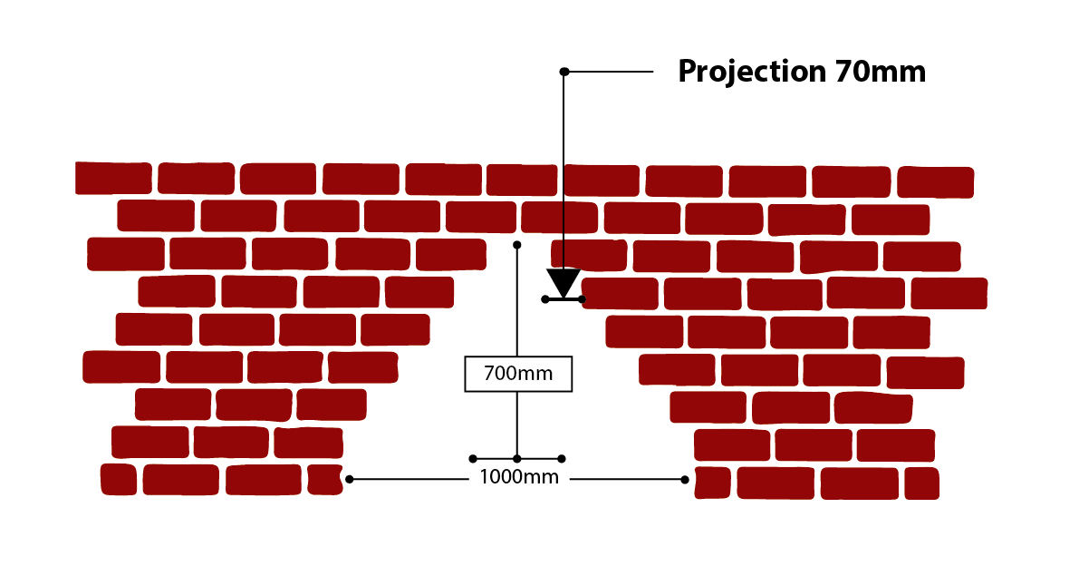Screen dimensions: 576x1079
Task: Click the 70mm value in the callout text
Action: [880, 72]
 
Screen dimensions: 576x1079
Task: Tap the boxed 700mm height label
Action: [518, 373]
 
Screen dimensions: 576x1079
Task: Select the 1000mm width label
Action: [519, 478]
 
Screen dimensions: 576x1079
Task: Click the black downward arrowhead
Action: [564, 282]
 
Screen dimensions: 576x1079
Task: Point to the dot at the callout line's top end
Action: [564, 71]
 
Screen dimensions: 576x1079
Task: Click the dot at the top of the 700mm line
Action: [517, 245]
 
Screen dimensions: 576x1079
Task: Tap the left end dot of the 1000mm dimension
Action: [349, 479]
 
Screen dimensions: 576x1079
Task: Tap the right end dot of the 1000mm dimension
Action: [685, 479]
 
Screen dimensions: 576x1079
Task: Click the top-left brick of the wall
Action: [113, 178]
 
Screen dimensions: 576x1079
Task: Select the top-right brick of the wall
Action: [935, 182]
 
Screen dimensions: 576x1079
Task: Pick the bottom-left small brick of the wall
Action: [118, 479]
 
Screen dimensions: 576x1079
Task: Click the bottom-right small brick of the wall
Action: [921, 483]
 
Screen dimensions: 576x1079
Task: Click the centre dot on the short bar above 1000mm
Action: [517, 459]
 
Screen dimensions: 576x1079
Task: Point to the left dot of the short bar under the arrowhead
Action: [544, 298]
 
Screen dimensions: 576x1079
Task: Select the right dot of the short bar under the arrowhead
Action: [582, 298]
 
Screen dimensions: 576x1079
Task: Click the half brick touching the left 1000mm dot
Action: [324, 478]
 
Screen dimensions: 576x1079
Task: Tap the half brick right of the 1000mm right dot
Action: [712, 483]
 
